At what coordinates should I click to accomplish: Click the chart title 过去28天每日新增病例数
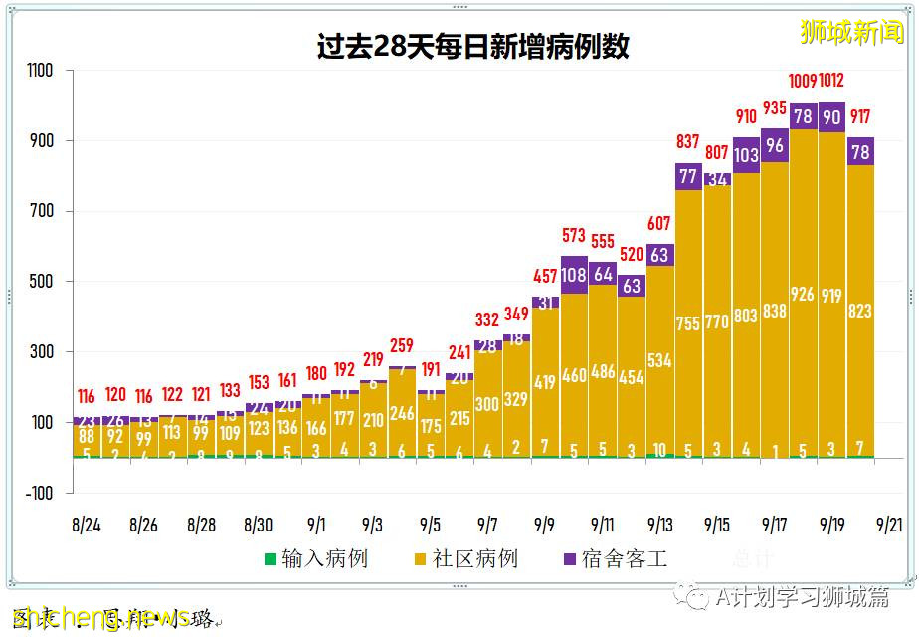tap(473, 47)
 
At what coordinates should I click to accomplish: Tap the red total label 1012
tap(831, 81)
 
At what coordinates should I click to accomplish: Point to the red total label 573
tap(574, 235)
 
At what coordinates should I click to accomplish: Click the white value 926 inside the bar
tap(803, 294)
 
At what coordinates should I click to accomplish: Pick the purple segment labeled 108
tap(574, 275)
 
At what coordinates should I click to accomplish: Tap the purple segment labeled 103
tap(746, 155)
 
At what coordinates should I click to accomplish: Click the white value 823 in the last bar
tap(860, 312)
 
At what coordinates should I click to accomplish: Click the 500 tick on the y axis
tap(43, 282)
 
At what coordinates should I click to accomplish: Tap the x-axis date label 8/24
tap(87, 524)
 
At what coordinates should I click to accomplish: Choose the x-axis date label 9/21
tap(889, 524)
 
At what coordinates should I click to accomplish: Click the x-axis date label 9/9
tap(545, 524)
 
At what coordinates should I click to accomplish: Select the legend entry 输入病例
tap(315, 558)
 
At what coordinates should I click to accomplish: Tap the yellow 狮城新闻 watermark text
tap(852, 32)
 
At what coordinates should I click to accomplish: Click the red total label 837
tap(687, 142)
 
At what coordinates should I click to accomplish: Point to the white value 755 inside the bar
tap(688, 323)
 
